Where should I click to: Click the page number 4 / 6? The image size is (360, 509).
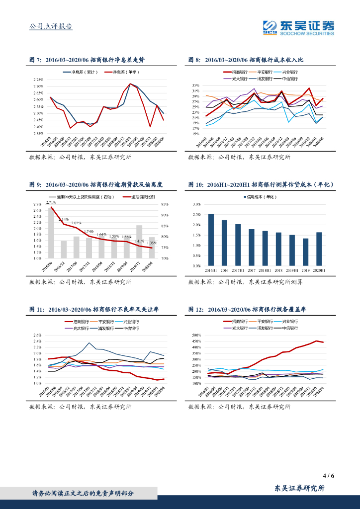(x=328, y=475)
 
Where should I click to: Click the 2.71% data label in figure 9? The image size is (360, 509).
(x=50, y=202)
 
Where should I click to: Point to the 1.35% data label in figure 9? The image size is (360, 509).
(x=152, y=243)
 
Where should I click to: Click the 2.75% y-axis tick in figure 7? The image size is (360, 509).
(x=38, y=80)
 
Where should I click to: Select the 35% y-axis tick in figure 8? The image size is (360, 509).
(x=195, y=85)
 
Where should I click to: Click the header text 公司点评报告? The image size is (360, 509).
(x=51, y=26)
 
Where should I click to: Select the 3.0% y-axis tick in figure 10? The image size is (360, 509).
(x=196, y=204)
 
